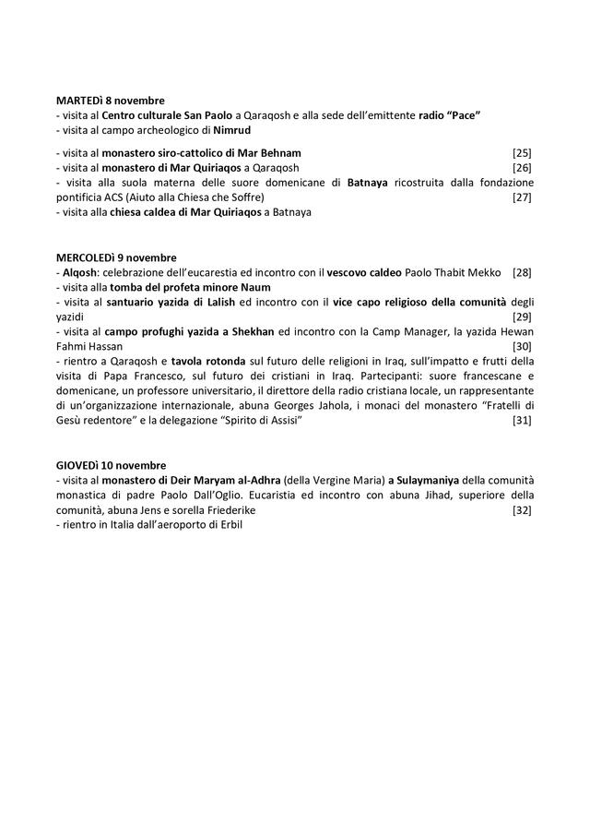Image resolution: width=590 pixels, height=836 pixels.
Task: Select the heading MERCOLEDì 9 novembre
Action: tap(115, 257)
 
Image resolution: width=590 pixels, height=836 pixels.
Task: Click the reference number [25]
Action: tap(522, 152)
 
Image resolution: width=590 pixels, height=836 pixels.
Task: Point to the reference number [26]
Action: tap(522, 168)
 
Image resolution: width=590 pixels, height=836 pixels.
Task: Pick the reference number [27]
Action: tap(522, 197)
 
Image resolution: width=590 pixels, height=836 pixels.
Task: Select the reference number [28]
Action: tap(522, 272)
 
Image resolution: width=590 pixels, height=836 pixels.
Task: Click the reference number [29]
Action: tap(522, 316)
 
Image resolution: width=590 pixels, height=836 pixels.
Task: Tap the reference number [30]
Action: tap(522, 346)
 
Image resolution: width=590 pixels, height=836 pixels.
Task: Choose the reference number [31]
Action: tap(522, 421)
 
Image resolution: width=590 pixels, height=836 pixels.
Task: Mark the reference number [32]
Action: tap(522, 510)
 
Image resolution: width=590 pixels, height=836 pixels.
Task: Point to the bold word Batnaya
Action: tap(369, 183)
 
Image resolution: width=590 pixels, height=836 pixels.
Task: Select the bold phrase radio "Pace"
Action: tap(450, 114)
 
